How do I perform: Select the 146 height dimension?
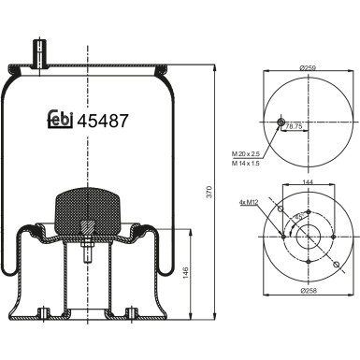pos(188,271)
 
